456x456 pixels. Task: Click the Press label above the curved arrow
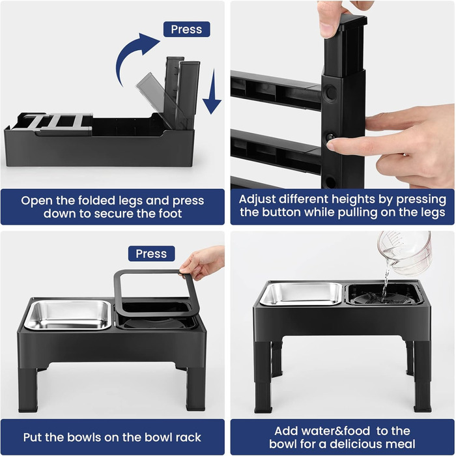click(186, 29)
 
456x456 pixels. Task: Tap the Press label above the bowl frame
click(151, 253)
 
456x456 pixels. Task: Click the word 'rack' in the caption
click(189, 437)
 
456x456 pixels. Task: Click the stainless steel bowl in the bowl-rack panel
click(68, 315)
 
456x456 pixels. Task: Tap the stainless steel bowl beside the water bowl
click(301, 294)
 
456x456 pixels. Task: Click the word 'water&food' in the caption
click(322, 431)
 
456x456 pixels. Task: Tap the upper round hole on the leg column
click(331, 93)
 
